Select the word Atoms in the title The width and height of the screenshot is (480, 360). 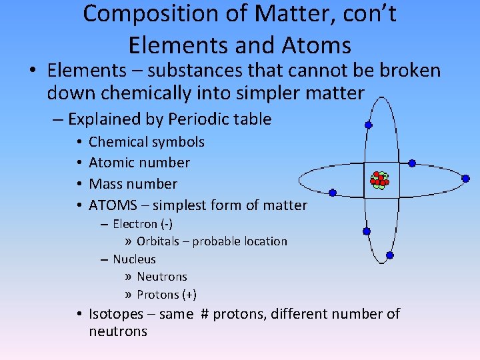(317, 45)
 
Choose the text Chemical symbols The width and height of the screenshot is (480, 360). (147, 142)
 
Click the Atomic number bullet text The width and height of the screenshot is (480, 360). (139, 163)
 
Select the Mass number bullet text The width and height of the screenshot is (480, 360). (133, 184)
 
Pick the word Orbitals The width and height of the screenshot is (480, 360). (160, 241)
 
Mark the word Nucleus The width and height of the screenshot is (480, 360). (134, 259)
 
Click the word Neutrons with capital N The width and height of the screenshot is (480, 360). (162, 277)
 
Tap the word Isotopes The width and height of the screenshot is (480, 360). (116, 314)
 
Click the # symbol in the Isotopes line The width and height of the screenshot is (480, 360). (205, 314)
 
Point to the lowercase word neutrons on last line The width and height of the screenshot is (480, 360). (118, 331)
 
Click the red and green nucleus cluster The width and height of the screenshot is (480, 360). (379, 179)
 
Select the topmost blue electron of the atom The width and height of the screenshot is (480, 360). (368, 125)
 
